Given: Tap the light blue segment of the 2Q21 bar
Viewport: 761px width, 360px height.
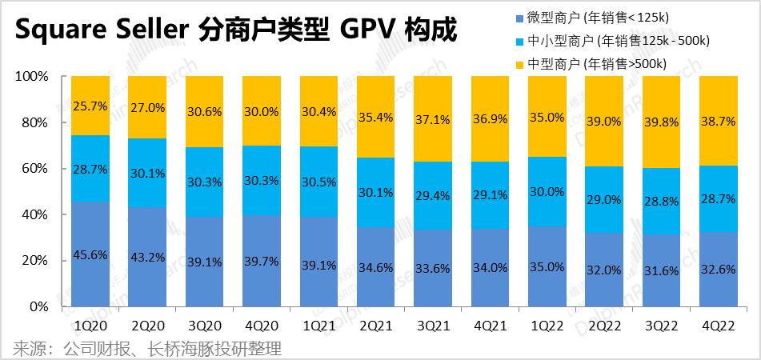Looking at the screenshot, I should coord(377,192).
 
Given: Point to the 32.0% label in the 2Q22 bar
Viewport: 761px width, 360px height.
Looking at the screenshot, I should coord(606,270).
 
